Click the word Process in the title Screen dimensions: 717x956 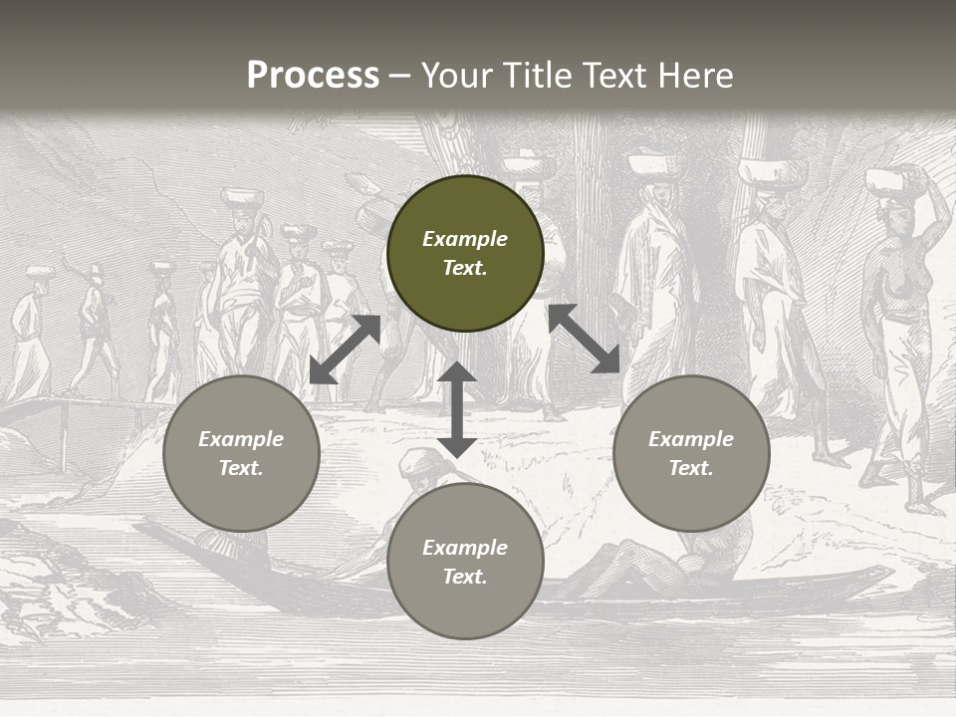coord(313,76)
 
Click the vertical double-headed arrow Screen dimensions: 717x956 coord(457,409)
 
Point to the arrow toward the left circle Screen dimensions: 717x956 coord(345,350)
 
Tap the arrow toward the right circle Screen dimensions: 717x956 coord(584,339)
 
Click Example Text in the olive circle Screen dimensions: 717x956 coord(465,253)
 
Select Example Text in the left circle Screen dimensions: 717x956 coord(241,453)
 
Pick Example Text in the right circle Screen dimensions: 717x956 coord(691,453)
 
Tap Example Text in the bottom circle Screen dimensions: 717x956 coord(465,562)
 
